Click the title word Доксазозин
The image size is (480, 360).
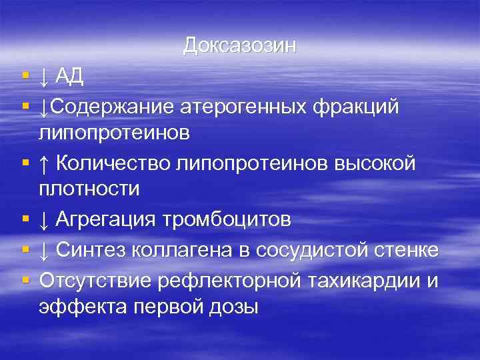[239, 45]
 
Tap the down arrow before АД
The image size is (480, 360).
[44, 78]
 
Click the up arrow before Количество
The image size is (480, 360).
[44, 162]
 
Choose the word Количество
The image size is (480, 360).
[113, 162]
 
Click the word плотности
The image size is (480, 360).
[89, 189]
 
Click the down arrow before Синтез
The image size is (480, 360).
[44, 250]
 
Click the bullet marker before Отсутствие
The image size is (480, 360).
[25, 280]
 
